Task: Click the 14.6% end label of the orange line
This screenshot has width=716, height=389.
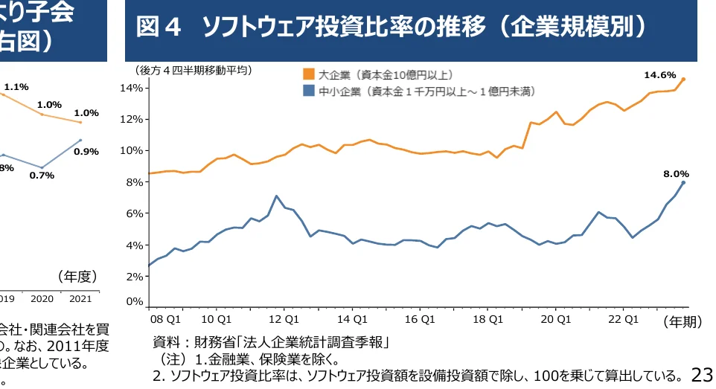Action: [659, 75]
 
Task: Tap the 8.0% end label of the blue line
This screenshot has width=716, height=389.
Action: [677, 174]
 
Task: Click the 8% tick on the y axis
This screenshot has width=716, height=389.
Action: [134, 182]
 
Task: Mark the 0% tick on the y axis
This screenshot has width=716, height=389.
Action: [134, 301]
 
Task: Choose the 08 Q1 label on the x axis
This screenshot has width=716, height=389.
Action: [165, 319]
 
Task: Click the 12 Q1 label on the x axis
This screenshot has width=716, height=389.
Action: [284, 319]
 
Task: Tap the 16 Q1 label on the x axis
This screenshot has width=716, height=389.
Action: [421, 319]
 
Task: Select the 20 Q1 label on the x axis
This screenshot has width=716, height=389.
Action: [556, 319]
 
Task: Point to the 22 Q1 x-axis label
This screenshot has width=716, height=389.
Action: [624, 319]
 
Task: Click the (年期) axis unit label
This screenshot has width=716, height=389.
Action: [683, 321]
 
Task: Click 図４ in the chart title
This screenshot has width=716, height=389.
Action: [159, 29]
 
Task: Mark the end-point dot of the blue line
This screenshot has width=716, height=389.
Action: [683, 182]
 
